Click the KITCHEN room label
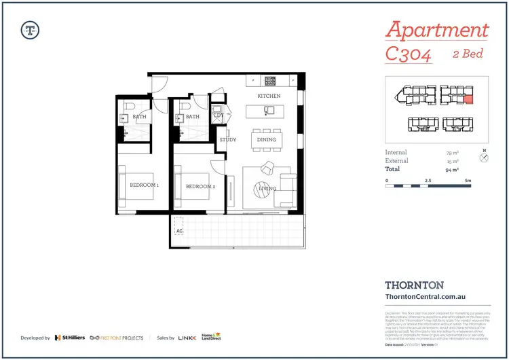tap(269, 96)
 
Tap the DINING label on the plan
tap(267, 140)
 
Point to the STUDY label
tap(227, 140)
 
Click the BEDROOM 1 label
tap(144, 185)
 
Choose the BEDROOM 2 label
tap(200, 186)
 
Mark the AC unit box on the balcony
tap(179, 226)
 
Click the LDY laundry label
tap(218, 116)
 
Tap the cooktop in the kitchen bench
tap(270, 80)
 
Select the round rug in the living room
tap(263, 190)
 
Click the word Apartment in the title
tap(436, 31)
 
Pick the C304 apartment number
tap(409, 54)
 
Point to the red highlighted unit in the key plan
tap(468, 100)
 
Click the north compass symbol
tap(484, 158)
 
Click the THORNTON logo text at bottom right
tap(414, 286)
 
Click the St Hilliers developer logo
tap(70, 337)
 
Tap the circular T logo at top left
tap(30, 29)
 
